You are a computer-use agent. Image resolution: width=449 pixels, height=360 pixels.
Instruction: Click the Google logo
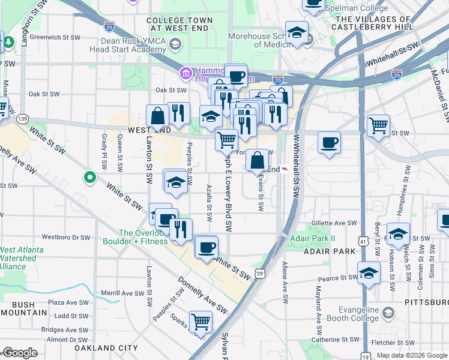click(x=19, y=353)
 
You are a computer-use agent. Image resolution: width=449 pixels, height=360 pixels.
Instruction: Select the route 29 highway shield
click(x=260, y=274)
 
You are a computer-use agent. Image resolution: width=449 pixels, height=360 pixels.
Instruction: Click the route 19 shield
click(x=366, y=355)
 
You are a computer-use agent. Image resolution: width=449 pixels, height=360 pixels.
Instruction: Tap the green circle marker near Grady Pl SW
click(x=89, y=177)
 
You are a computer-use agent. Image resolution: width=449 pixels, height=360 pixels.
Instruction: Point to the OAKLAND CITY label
click(x=106, y=347)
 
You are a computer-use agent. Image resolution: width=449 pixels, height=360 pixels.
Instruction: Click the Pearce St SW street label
click(x=337, y=278)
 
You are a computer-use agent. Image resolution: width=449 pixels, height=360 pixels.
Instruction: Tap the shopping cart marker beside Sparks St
click(x=200, y=321)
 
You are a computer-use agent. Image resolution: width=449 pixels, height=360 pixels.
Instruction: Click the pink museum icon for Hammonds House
click(x=185, y=73)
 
